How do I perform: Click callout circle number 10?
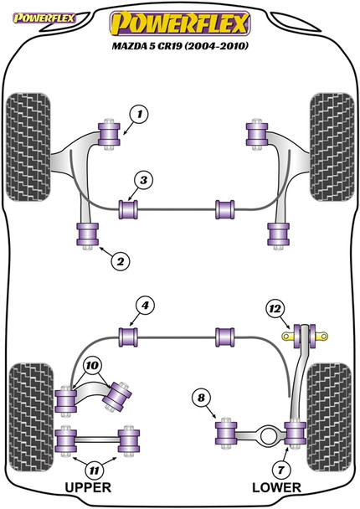91,365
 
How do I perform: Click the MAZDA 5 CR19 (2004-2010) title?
181,42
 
